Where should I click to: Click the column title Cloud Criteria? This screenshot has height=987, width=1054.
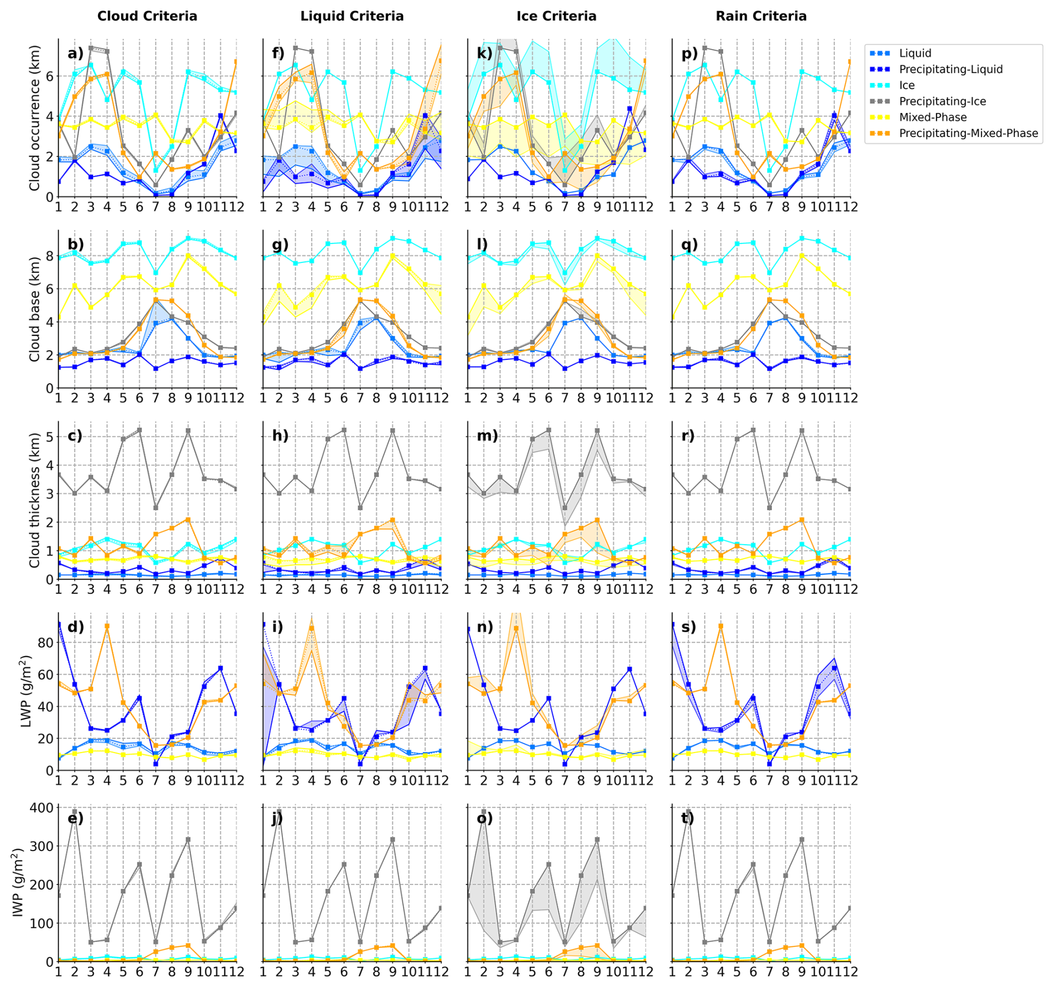[x=147, y=16]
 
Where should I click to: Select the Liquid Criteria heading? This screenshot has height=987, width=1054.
[x=352, y=16]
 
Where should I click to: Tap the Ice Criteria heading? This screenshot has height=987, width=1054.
[x=556, y=16]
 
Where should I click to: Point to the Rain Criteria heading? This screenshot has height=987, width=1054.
[x=760, y=16]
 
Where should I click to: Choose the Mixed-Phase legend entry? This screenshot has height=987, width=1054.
[x=933, y=118]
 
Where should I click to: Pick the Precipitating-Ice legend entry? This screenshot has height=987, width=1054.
[x=942, y=101]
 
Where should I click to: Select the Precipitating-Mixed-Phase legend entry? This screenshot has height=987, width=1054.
[x=968, y=134]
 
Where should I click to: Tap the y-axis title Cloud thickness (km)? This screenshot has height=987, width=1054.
[x=35, y=500]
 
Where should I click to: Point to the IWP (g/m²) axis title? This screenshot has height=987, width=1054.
[x=18, y=882]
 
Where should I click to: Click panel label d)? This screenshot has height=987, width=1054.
[x=76, y=627]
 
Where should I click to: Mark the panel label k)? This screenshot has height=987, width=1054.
[x=485, y=53]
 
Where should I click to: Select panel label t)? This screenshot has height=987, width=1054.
[x=689, y=818]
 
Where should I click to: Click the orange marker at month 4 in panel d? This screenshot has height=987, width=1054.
[x=107, y=627]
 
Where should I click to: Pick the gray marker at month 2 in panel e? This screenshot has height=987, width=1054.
[x=75, y=812]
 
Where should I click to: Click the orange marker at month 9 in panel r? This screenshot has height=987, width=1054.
[x=802, y=520]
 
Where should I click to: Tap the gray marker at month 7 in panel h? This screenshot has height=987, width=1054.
[x=360, y=508]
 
